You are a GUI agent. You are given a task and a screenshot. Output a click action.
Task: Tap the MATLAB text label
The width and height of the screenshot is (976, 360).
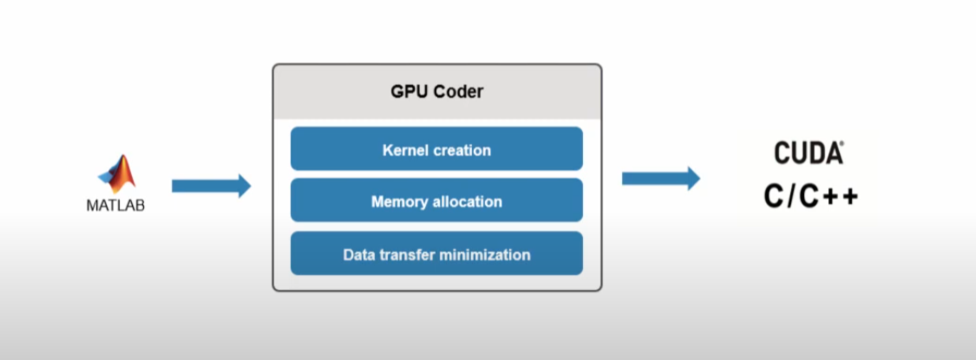coord(115,206)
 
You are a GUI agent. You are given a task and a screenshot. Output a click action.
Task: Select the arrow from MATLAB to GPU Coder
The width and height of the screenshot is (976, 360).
coord(211,185)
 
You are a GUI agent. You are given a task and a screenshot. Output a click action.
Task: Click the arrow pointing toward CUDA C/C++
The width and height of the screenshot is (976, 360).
coord(660,179)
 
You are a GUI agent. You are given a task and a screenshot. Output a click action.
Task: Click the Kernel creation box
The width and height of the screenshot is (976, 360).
coord(436,149)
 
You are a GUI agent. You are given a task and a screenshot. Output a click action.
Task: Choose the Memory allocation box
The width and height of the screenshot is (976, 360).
coord(436,201)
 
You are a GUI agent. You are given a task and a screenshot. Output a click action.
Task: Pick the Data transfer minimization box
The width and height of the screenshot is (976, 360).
coord(436,254)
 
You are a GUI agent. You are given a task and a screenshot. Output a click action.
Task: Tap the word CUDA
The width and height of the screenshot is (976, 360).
coord(808,154)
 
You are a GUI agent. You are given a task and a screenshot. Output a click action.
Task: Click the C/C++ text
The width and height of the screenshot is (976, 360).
coord(811,196)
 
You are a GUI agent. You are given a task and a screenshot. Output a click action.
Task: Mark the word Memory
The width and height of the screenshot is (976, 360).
coord(400,201)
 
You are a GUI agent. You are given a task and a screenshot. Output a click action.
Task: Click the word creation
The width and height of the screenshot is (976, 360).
coord(461,150)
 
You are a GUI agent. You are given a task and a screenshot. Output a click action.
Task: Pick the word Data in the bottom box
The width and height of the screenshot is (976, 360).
coord(358,255)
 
